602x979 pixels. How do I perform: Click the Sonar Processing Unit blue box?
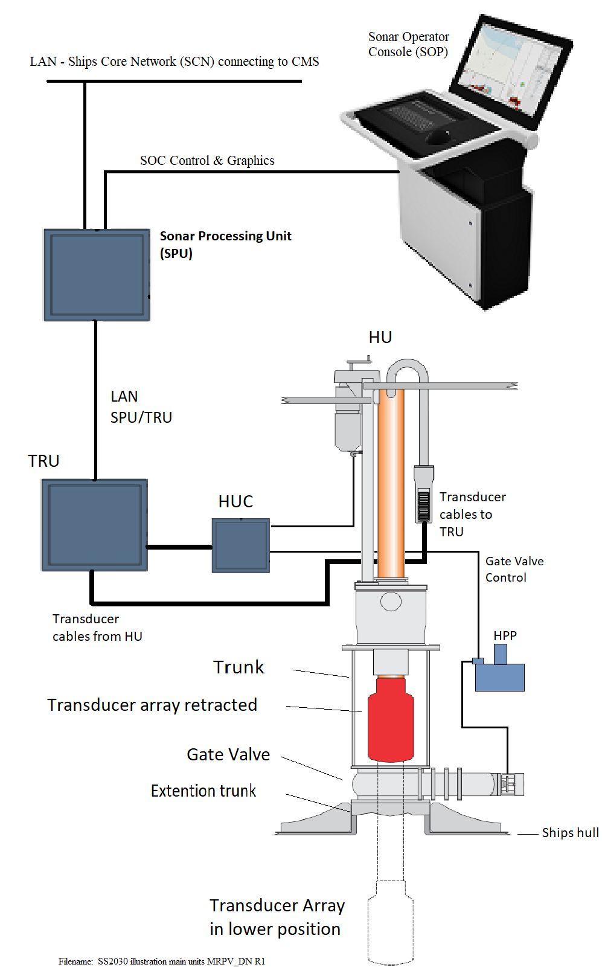pos(97,275)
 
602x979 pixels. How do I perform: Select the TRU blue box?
pos(94,525)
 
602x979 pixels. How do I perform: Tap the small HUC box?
pos(240,545)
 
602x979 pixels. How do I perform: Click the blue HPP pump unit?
pos(499,675)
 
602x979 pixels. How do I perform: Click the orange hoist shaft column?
pos(391,483)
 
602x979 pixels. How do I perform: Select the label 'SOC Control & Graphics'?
pos(207,161)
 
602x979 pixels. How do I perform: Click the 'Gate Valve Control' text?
pos(514,570)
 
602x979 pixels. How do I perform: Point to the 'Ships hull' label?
pos(569,833)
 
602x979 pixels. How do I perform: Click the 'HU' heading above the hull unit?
pos(380,338)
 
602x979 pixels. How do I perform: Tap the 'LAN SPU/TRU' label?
pos(141,407)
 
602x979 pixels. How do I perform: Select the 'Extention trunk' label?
pos(203,791)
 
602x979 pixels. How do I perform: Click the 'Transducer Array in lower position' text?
pos(277,917)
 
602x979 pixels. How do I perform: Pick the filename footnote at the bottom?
pos(162,961)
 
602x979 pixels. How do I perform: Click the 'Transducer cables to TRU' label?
pos(472,514)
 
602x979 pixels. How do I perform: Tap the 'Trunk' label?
pos(239,667)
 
